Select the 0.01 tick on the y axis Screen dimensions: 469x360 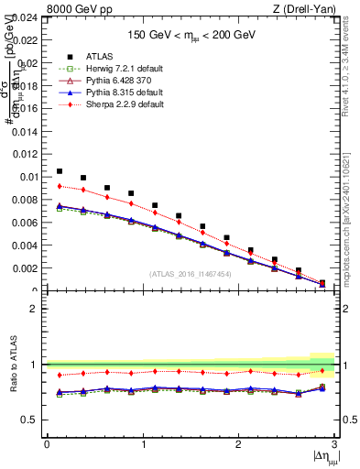point(29,177)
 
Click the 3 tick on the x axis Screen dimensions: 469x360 point(335,445)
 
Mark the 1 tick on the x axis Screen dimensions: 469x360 point(143,445)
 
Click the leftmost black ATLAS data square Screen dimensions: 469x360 point(60,171)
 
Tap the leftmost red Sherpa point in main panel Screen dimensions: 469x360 point(60,186)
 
